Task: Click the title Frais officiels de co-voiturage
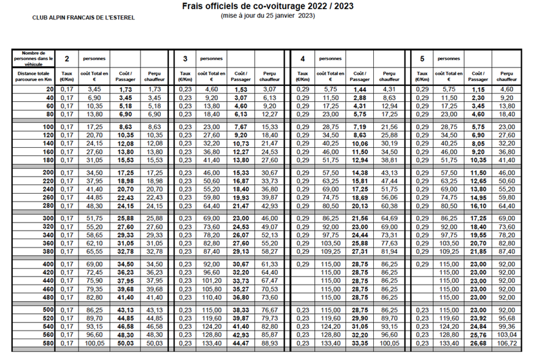tap(268, 6)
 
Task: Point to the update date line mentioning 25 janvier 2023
tap(268, 15)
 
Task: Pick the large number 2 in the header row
tap(67, 59)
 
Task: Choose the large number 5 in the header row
tap(422, 59)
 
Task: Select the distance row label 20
tap(49, 90)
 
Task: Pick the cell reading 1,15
tap(479, 90)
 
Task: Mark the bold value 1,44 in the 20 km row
tap(360, 90)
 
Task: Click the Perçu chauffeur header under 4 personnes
tap(389, 76)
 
